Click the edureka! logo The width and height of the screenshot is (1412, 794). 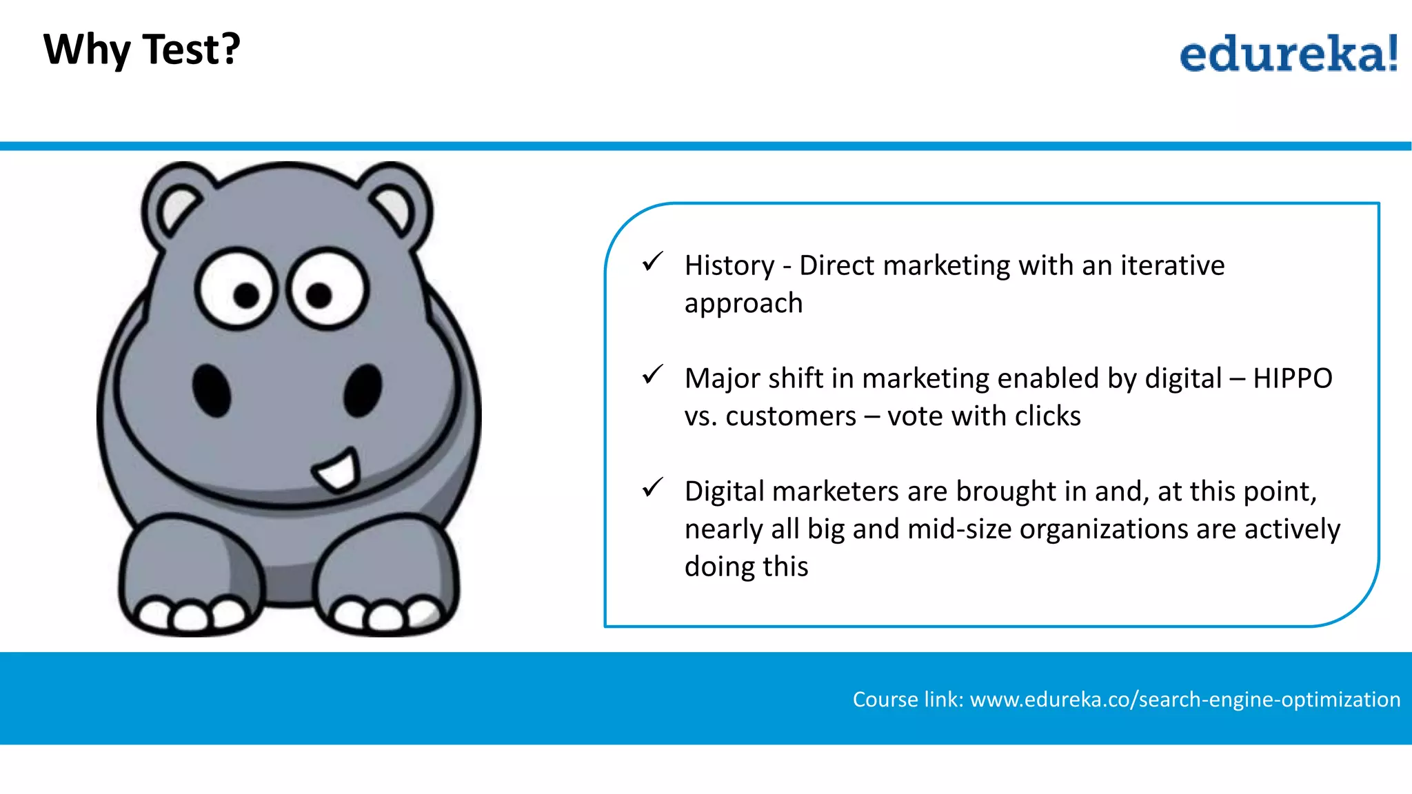tap(1288, 54)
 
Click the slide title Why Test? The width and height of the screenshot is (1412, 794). tap(141, 50)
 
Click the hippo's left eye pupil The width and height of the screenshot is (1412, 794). tap(246, 295)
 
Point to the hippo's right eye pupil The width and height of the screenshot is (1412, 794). tap(319, 295)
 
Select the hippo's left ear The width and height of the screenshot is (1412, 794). tap(178, 207)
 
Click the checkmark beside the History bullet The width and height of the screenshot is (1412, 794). tap(652, 262)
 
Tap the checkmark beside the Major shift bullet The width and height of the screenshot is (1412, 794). tap(652, 375)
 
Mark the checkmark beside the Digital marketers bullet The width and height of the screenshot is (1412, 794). tap(652, 488)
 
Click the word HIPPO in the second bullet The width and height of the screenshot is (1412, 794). tap(1293, 378)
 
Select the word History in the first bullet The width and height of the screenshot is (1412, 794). tap(729, 266)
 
